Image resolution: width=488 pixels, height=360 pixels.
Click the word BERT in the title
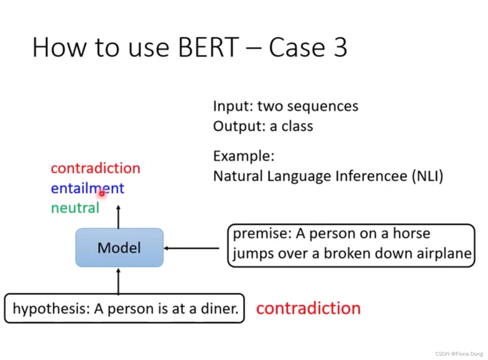[x=208, y=48]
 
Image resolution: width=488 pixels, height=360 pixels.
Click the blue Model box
[x=119, y=248]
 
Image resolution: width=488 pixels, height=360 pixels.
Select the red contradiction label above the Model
[x=95, y=168]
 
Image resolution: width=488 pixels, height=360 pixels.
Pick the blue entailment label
[x=87, y=188]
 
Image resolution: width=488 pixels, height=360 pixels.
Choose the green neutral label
[x=75, y=208]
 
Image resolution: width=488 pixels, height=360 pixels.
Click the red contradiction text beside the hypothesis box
[x=308, y=308]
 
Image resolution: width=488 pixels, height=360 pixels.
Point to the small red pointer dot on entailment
[x=101, y=193]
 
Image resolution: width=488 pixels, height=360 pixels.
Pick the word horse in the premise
[x=411, y=234]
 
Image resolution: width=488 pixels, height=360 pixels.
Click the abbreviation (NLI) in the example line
[x=427, y=176]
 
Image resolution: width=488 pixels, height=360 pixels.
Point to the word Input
[x=233, y=106]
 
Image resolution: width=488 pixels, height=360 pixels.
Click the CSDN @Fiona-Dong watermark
[x=459, y=354]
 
